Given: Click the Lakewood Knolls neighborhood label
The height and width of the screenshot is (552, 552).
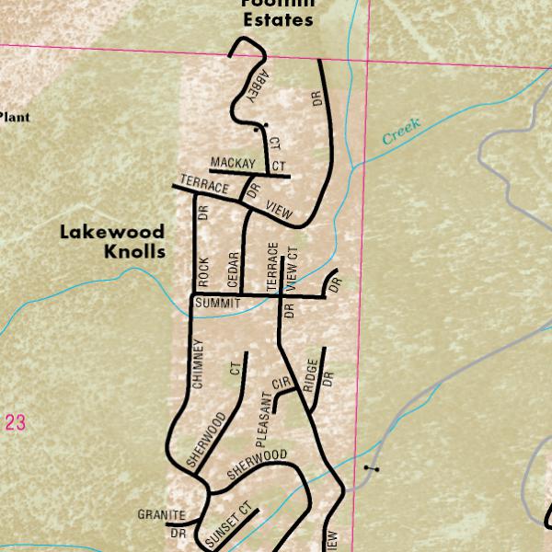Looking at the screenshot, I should (112, 241).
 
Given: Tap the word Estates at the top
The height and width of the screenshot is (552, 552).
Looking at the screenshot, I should (277, 19).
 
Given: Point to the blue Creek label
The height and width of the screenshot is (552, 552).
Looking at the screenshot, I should (401, 131).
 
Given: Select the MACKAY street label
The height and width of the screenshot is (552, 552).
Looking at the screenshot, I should (233, 164).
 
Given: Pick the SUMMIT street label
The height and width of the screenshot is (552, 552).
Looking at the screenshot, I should (217, 304).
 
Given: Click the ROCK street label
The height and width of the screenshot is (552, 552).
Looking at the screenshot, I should (203, 270).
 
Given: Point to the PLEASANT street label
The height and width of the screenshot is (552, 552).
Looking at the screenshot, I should (264, 420).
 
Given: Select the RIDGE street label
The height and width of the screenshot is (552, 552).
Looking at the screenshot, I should (310, 375).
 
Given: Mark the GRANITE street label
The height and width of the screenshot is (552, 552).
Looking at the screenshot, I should (161, 515).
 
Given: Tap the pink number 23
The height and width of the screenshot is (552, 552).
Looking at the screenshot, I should (16, 423).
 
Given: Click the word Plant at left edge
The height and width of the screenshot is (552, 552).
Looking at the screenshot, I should (15, 117).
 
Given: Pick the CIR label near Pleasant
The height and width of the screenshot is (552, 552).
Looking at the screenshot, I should (281, 384).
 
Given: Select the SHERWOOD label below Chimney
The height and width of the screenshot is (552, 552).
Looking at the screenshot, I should (206, 441).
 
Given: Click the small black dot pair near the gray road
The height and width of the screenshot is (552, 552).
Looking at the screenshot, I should (371, 468).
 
